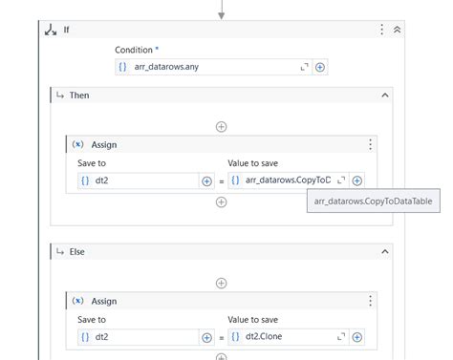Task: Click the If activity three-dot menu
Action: point(382,30)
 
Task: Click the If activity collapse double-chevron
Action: point(397,30)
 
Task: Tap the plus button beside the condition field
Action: point(320,67)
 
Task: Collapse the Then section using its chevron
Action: point(384,95)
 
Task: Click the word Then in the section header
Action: point(79,95)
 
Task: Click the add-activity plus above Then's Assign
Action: point(221,126)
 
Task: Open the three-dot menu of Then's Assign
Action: point(370,144)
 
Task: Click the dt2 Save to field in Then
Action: point(138,180)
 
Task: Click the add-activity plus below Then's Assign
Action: point(221,202)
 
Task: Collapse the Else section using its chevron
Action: point(384,251)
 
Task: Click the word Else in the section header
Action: point(78,251)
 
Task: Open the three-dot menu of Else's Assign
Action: point(370,301)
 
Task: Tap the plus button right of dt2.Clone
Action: point(356,336)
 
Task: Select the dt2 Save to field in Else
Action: point(138,336)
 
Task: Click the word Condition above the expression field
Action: point(136,49)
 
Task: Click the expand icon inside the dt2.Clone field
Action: point(340,336)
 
